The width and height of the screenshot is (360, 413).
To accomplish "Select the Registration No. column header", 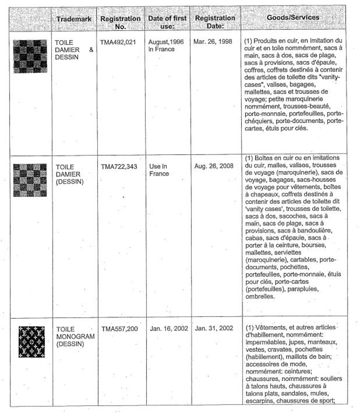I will (120, 22).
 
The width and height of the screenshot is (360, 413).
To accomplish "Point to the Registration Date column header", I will (214, 22).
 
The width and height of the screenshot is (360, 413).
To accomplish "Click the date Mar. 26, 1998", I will (214, 43).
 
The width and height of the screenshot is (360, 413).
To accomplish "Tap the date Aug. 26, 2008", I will (214, 167).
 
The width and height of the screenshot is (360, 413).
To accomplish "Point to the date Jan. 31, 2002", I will (214, 329).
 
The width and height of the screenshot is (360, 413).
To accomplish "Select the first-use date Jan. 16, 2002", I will (168, 329).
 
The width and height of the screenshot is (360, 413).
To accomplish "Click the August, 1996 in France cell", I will (165, 47).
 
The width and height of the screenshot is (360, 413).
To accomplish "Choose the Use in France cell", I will (157, 170).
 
